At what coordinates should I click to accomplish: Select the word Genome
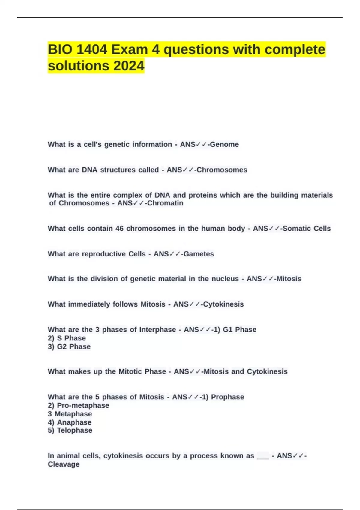[x=224, y=144]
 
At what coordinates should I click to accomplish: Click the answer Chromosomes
[x=222, y=170]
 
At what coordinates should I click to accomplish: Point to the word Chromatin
[x=165, y=203]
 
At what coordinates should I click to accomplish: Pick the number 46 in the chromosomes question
[x=119, y=229]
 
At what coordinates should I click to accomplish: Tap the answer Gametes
[x=199, y=254]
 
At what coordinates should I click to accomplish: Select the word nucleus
[x=225, y=279]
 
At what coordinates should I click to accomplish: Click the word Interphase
[x=157, y=330]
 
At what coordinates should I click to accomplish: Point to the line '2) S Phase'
[x=67, y=338]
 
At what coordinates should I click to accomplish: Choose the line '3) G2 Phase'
[x=69, y=346]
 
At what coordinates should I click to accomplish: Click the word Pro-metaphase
[x=83, y=405]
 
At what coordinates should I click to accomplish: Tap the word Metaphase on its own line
[x=73, y=414]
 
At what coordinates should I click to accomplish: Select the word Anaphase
[x=74, y=422]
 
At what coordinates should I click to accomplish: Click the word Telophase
[x=75, y=430]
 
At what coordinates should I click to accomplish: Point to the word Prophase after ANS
[x=227, y=397]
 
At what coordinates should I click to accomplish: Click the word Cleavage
[x=64, y=464]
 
